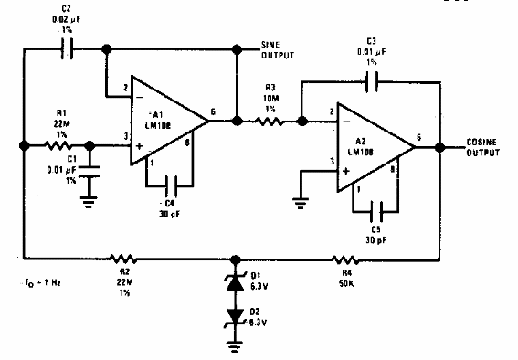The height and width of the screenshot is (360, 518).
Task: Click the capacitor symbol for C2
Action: pos(65,48)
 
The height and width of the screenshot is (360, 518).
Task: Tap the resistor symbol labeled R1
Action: pos(58,143)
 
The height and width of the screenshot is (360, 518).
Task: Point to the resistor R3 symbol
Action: pos(270,120)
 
